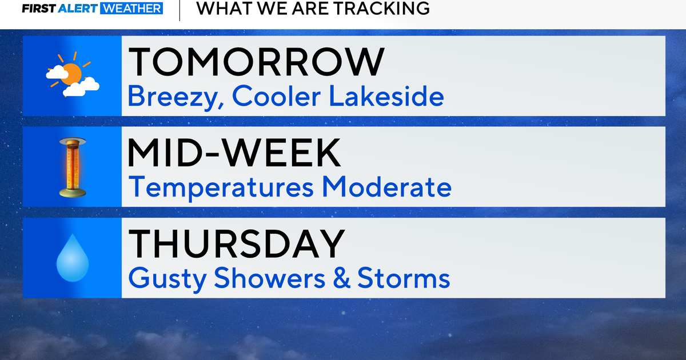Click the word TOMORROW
point(256,62)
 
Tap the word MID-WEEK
point(234,153)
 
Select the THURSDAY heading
point(237,243)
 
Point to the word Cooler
point(276,96)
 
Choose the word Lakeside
point(386,96)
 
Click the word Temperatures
point(221,187)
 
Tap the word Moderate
point(387,186)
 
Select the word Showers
point(269,278)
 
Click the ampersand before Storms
point(341,278)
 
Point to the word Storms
point(404,278)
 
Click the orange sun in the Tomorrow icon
point(72,73)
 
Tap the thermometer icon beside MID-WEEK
point(73,167)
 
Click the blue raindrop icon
point(73,258)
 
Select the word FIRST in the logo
point(39,9)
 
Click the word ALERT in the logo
point(78,9)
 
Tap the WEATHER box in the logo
point(131,9)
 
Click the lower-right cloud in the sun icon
point(81,87)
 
